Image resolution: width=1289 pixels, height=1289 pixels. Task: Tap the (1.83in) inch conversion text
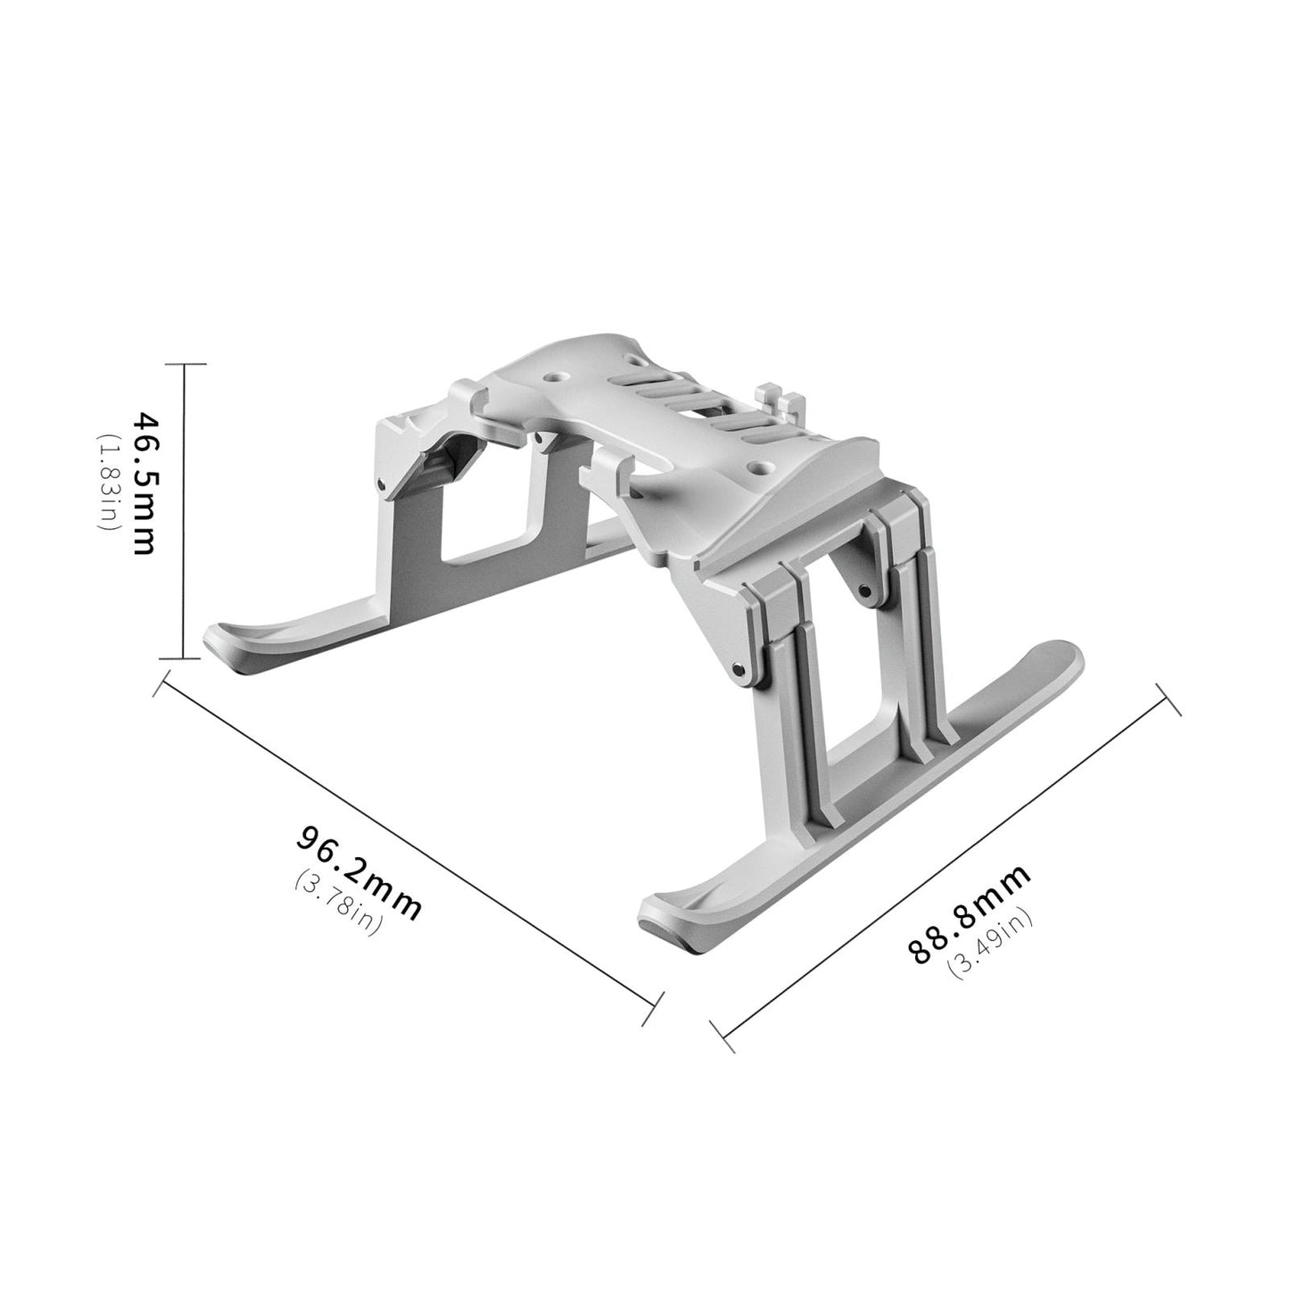click(x=106, y=483)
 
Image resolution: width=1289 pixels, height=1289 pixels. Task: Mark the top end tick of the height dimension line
click(x=184, y=364)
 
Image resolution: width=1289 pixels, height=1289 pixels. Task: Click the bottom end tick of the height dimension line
click(x=184, y=659)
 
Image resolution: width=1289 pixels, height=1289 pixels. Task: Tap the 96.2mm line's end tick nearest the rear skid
click(x=161, y=686)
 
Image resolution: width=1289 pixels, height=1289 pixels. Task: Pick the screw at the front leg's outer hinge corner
click(x=738, y=667)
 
